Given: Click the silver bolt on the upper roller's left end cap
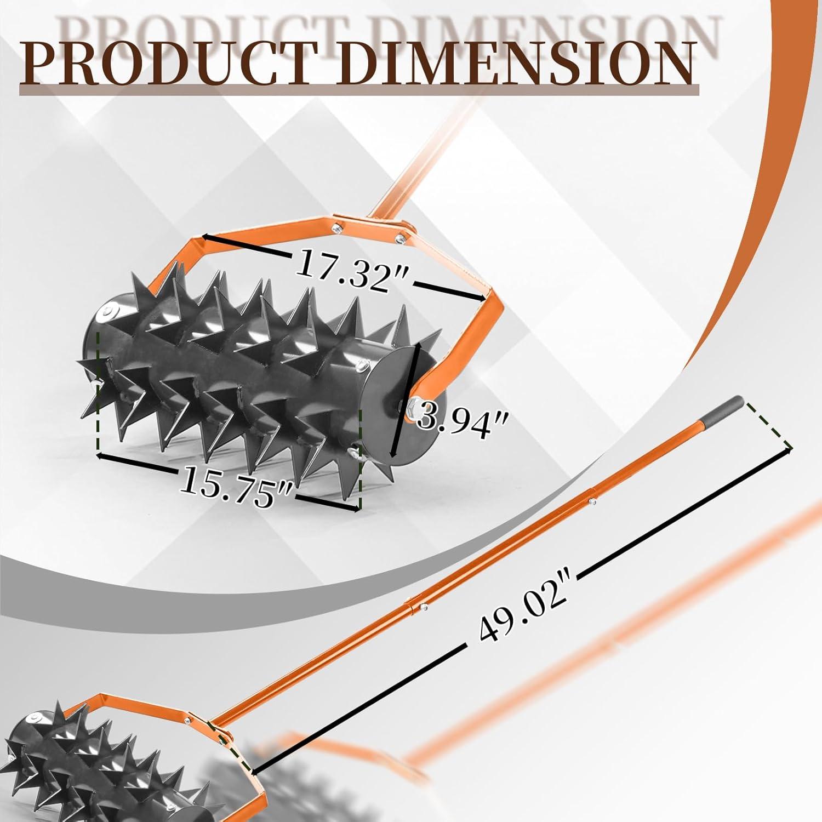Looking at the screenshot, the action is [105, 312].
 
